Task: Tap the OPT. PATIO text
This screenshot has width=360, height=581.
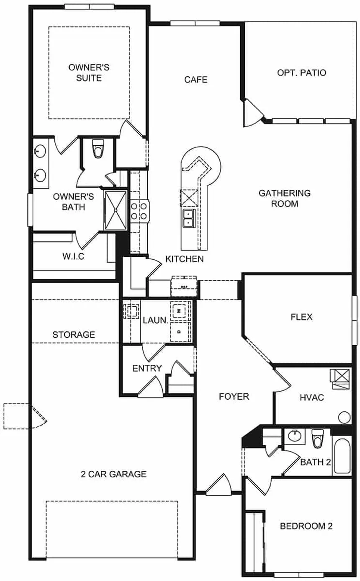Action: click(301, 72)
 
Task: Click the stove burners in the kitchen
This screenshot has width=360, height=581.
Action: click(139, 211)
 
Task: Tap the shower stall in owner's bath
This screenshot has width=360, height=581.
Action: click(115, 211)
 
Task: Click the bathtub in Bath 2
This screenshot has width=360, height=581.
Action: click(342, 455)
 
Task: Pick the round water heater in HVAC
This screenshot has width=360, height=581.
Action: click(344, 417)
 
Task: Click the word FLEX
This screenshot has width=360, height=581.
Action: click(301, 317)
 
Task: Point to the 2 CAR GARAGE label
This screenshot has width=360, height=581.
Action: click(113, 474)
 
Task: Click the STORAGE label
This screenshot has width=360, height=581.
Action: click(74, 335)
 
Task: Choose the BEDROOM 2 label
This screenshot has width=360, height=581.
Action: click(306, 526)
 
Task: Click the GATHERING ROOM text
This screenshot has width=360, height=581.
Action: click(284, 199)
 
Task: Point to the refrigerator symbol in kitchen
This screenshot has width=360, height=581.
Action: click(184, 286)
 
